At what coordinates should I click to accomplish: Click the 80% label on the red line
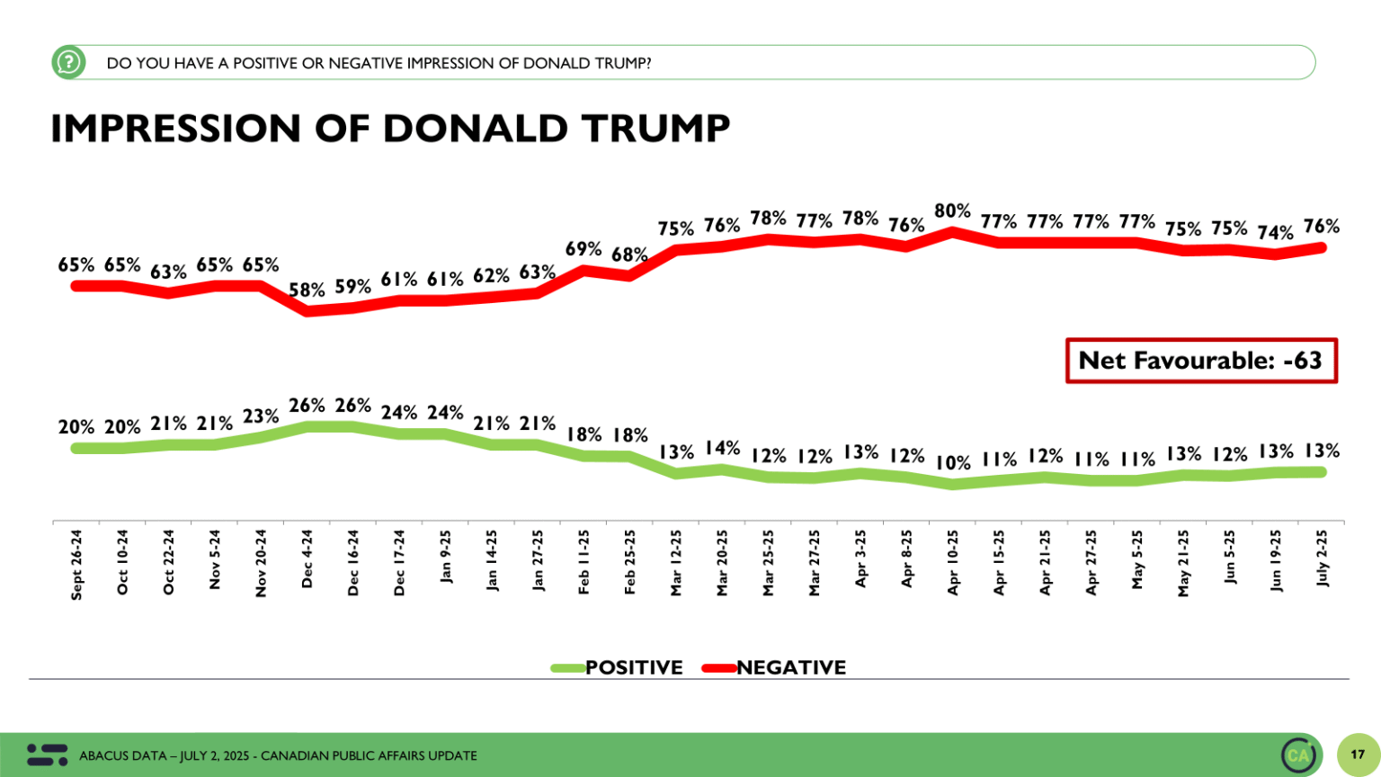click(x=952, y=211)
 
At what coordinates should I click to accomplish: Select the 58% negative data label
click(x=307, y=290)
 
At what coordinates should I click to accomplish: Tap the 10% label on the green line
click(x=953, y=463)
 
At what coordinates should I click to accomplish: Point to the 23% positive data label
click(x=261, y=416)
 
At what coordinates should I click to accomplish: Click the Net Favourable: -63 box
click(x=1201, y=361)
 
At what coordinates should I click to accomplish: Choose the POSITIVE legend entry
click(x=619, y=667)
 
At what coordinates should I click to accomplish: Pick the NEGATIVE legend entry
click(x=775, y=667)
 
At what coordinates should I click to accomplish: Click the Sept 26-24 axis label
click(x=76, y=564)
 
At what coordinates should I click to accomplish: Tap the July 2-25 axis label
click(x=1322, y=558)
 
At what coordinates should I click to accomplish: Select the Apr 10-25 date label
click(x=953, y=562)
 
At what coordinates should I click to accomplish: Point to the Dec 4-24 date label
click(x=307, y=558)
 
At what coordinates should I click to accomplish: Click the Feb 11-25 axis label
click(x=584, y=562)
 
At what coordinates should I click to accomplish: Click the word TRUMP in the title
click(x=655, y=129)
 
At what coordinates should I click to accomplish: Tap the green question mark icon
click(x=68, y=62)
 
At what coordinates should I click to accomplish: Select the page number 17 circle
click(x=1358, y=755)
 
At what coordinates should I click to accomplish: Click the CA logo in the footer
click(x=1299, y=755)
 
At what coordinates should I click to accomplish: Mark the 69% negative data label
click(x=584, y=248)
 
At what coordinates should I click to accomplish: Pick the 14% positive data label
click(x=722, y=448)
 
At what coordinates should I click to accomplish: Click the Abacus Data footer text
click(x=278, y=755)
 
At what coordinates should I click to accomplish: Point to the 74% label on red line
click(x=1275, y=233)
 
